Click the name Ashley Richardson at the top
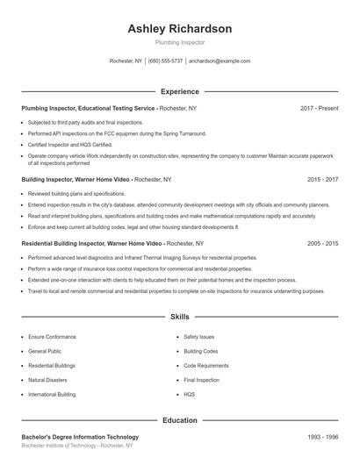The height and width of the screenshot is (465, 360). [180, 29]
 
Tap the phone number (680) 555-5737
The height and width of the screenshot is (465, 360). [165, 61]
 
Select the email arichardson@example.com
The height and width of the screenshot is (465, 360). [220, 61]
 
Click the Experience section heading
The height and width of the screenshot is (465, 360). [180, 91]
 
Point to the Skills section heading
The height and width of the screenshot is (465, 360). [180, 316]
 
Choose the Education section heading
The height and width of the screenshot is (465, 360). [180, 420]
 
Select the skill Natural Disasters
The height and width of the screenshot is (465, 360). [49, 380]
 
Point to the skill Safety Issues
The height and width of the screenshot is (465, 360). [198, 336]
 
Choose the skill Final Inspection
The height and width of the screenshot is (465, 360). [201, 380]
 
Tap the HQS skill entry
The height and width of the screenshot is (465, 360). [190, 395]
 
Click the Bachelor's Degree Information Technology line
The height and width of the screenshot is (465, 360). [80, 437]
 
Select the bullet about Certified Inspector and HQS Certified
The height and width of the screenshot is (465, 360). [70, 144]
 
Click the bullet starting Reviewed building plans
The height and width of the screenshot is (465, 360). [76, 193]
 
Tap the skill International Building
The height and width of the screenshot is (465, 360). [54, 395]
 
